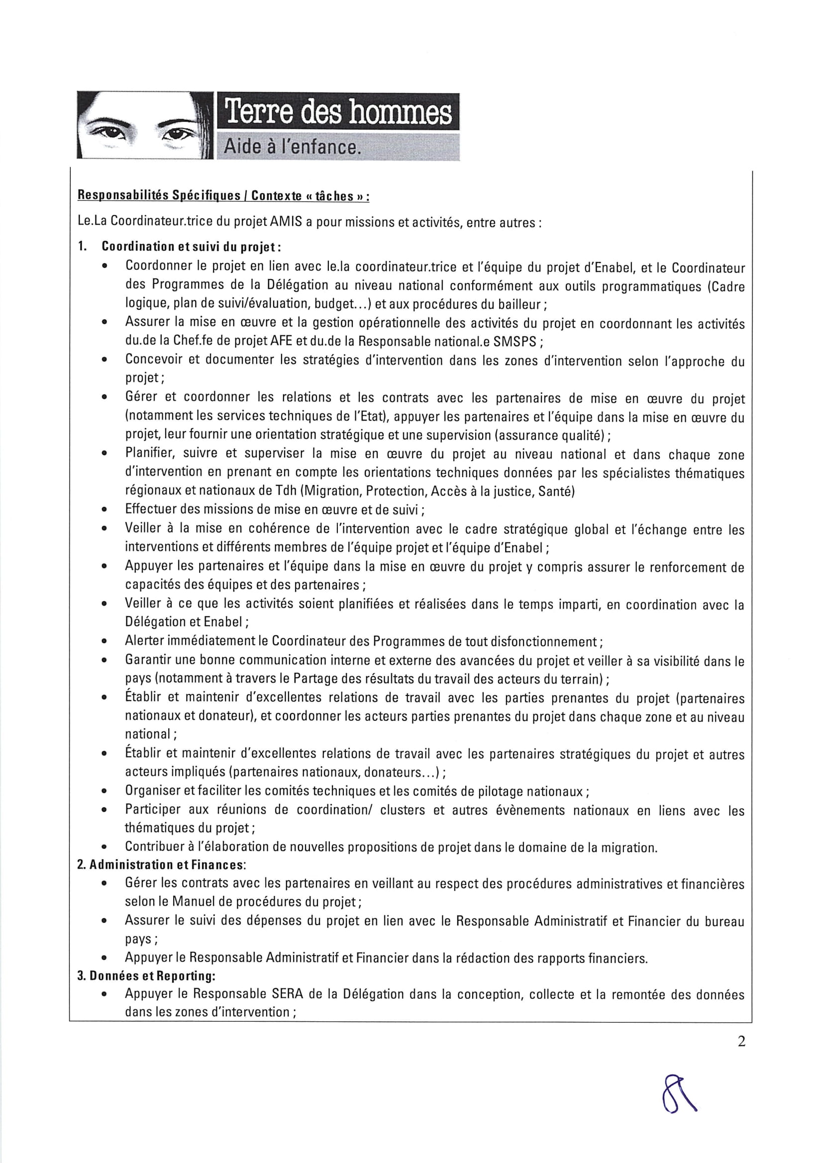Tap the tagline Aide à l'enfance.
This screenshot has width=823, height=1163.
pos(293,147)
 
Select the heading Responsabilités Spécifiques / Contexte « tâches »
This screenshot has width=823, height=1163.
pos(223,195)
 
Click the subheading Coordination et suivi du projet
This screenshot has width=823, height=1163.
pos(191,247)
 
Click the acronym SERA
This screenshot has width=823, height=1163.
pos(287,994)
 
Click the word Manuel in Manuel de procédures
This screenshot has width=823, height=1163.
pos(194,902)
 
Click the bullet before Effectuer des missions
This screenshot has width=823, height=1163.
pos(104,510)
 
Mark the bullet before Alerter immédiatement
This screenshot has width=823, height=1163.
pos(104,642)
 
